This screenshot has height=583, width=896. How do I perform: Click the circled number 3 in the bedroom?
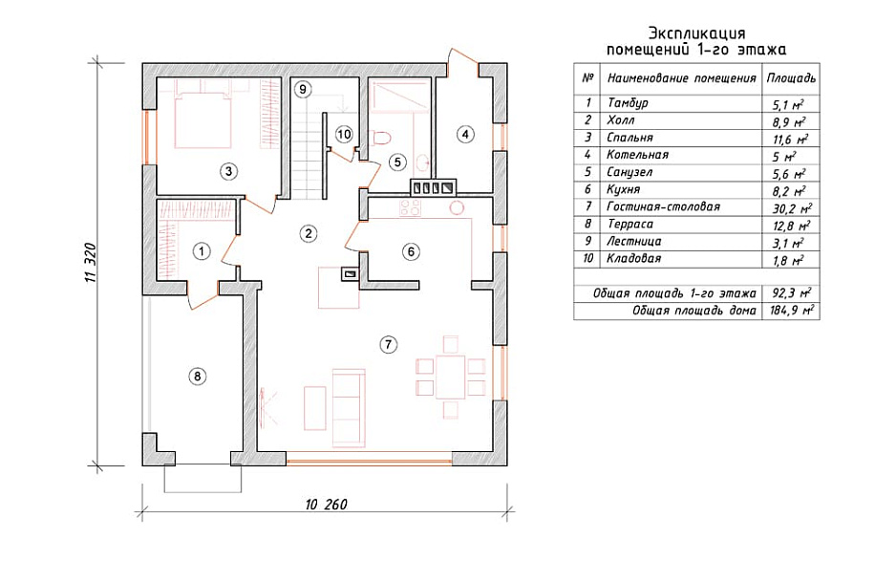(228, 171)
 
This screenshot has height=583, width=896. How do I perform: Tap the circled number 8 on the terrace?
(197, 377)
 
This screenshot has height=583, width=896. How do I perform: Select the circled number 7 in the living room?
(388, 344)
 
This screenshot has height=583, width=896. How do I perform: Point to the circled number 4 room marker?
(465, 135)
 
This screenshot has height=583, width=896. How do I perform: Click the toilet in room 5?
(380, 138)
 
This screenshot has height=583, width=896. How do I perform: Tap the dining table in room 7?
(450, 377)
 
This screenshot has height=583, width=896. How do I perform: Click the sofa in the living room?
(348, 407)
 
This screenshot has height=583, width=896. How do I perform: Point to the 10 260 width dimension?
(327, 505)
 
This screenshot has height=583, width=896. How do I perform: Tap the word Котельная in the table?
(637, 155)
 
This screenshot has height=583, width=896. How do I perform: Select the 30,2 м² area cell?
(792, 208)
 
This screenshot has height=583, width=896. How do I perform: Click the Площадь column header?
(791, 78)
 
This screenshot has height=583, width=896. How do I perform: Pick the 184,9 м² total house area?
(792, 311)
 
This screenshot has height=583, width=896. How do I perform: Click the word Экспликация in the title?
(696, 33)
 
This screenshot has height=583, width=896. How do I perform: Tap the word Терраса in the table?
(629, 224)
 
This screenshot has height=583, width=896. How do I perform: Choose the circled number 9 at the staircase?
(303, 89)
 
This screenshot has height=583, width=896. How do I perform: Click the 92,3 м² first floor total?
(792, 293)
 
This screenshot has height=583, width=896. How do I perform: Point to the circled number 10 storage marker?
(344, 135)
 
